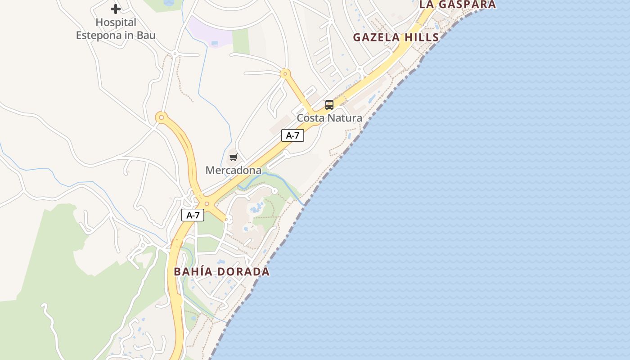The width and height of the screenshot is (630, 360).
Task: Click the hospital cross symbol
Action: (116, 9)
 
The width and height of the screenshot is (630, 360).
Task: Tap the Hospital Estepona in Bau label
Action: (116, 29)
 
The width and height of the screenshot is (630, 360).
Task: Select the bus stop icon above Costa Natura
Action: (329, 105)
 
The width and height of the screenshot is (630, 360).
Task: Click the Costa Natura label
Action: (329, 118)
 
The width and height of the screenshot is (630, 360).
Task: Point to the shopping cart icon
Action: (233, 157)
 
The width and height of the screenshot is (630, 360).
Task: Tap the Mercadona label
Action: (233, 170)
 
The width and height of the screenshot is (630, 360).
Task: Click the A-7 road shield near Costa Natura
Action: (292, 135)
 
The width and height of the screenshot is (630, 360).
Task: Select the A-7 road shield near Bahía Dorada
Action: (193, 215)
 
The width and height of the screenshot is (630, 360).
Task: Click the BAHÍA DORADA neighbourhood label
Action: (222, 271)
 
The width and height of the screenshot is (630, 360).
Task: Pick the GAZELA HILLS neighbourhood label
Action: (396, 37)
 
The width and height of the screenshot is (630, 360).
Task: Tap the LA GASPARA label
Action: (458, 4)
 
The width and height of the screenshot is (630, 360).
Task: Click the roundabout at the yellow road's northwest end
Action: (161, 118)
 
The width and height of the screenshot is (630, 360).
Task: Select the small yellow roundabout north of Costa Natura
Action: (284, 73)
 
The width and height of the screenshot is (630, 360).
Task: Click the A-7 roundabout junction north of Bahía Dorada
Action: (207, 204)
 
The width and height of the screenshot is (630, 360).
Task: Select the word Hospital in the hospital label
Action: (116, 22)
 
